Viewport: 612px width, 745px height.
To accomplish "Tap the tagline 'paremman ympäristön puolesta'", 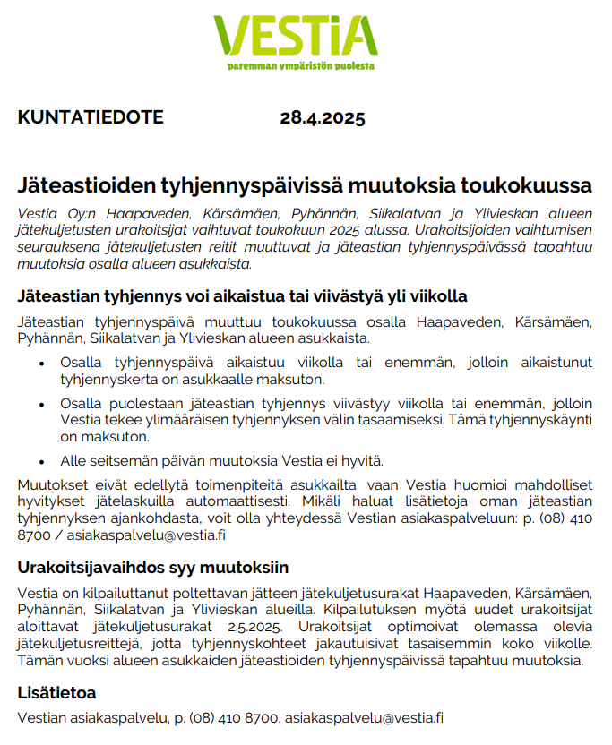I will [x=301, y=65].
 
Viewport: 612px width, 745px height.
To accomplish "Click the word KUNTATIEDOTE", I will [x=91, y=118].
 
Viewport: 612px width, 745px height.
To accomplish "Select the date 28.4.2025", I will [x=323, y=118].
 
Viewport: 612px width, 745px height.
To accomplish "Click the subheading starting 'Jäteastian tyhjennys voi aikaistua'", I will [x=242, y=296].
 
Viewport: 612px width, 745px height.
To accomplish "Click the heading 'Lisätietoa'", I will [x=56, y=693].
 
